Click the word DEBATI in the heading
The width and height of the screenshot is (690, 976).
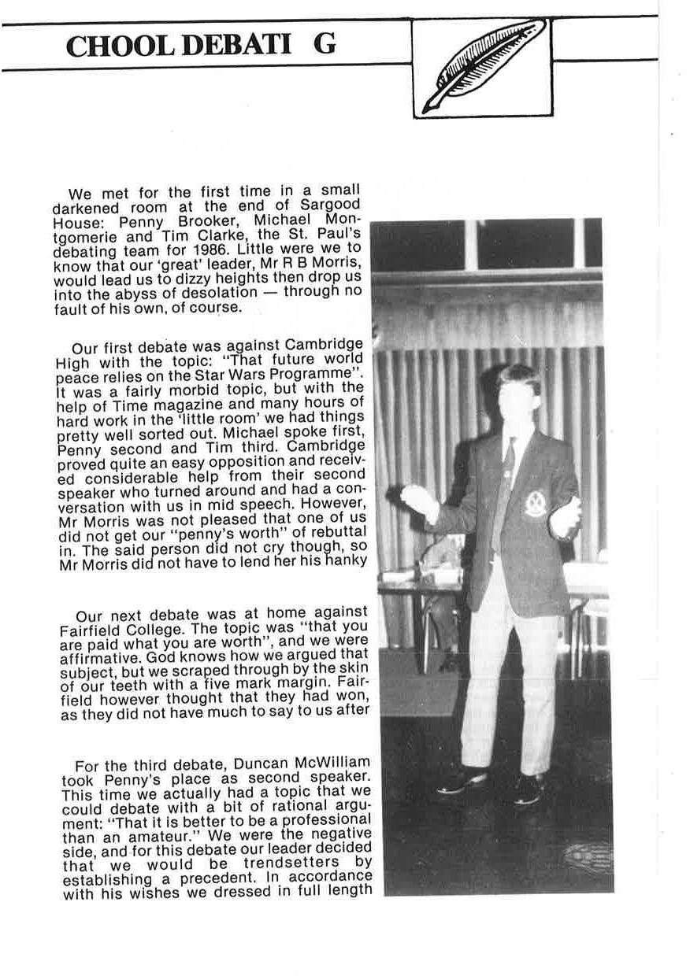(x=236, y=46)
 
